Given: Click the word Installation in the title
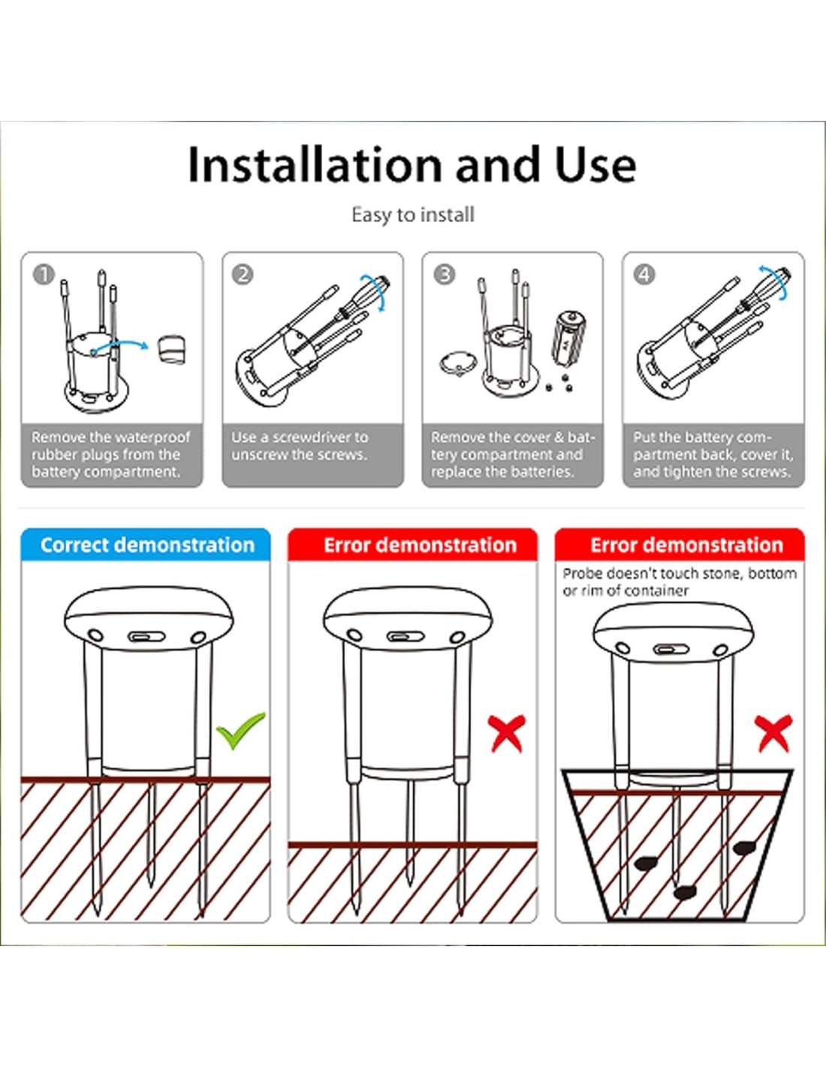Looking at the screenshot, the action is pos(315,165).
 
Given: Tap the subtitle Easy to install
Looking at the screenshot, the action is pos(413,215).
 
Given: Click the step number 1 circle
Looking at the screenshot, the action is pos(44,275).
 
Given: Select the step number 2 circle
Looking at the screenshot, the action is pos(243,275).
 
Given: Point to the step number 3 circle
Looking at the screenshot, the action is pos(445,275).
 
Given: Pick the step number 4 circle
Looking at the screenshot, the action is pos(645,275).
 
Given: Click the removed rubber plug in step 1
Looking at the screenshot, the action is pos(171,350).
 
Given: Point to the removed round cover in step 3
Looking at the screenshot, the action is pos(457,365).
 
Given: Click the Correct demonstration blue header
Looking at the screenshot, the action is pos(146,545).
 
